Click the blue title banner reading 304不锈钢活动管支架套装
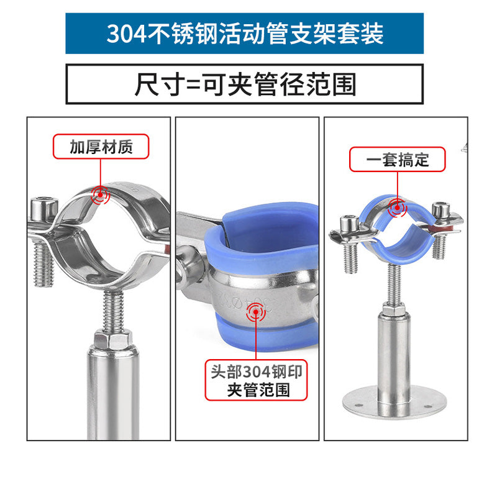244,34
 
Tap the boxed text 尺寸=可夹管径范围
244,84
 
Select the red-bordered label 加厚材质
101,147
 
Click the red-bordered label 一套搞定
397,160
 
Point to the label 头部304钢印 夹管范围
256,380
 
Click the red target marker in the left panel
100,194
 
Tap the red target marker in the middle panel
256,312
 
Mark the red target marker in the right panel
397,208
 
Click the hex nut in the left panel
113,339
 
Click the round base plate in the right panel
394,402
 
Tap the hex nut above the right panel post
393,308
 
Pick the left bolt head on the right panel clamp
349,224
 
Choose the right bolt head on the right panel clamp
441,210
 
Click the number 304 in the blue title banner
127,34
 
